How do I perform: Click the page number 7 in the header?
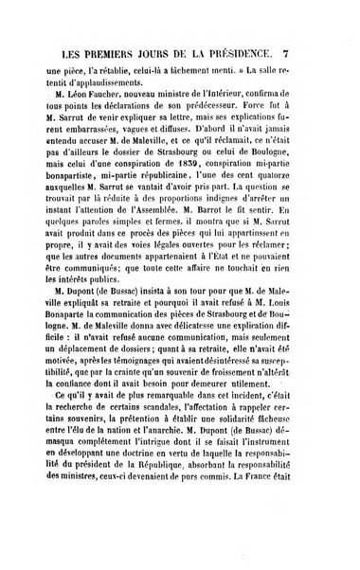point(325,50)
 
